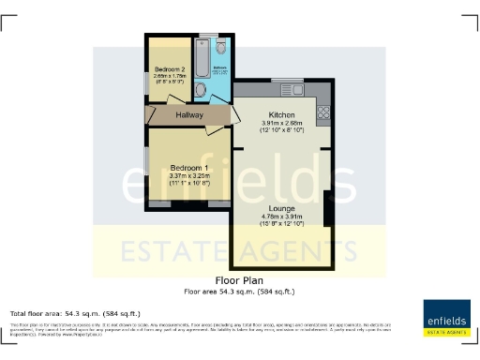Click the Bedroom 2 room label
[168, 69]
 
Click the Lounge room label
[281, 208]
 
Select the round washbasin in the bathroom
[200, 90]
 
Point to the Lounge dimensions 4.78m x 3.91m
[281, 220]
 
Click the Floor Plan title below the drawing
[239, 280]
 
